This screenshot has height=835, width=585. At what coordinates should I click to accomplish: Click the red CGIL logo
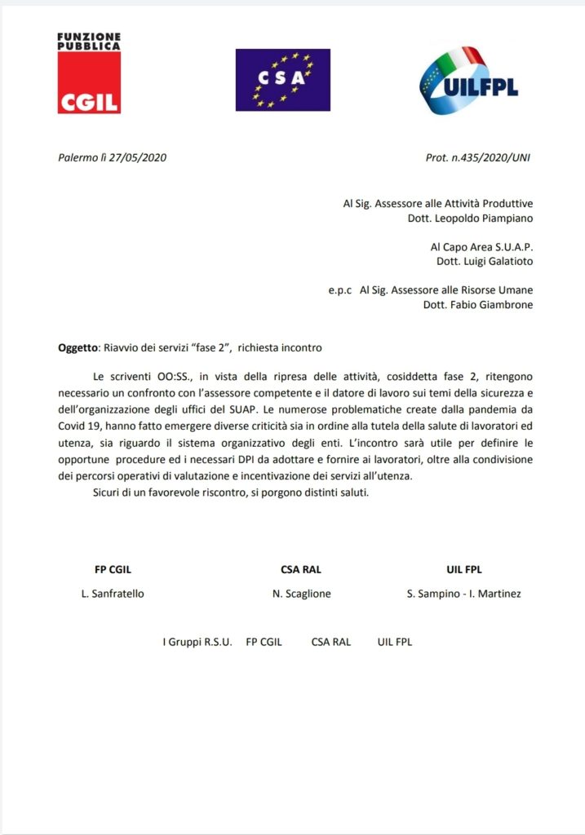click(x=89, y=73)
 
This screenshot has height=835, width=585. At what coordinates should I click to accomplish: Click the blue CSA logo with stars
click(x=282, y=79)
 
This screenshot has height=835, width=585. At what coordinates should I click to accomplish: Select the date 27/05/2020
click(x=140, y=157)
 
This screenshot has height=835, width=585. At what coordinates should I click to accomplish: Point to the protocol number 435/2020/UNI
click(x=490, y=157)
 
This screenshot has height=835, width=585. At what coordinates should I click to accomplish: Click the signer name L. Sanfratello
click(x=113, y=594)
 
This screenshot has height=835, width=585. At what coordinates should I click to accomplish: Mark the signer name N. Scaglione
click(x=302, y=594)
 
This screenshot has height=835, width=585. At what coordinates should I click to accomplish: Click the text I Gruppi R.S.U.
click(x=197, y=642)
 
